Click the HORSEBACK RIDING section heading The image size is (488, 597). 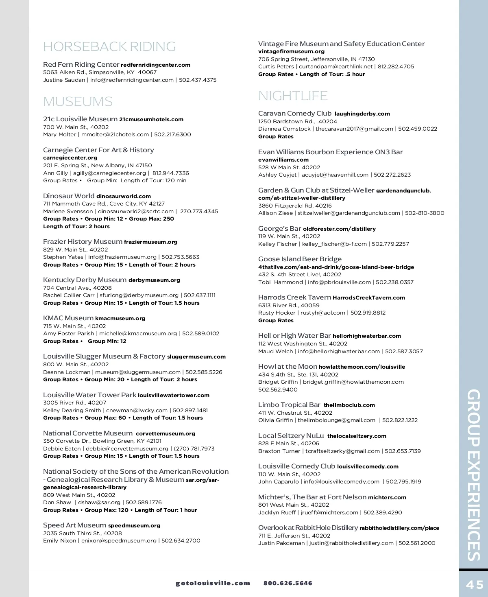[x=109, y=47]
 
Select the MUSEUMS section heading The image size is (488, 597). [x=78, y=101]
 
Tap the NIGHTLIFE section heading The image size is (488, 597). [x=293, y=96]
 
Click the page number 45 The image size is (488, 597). [x=475, y=584]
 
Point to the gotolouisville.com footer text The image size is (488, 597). [x=213, y=583]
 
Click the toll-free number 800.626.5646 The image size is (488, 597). [x=288, y=583]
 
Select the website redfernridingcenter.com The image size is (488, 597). [x=155, y=65]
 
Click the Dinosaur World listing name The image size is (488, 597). [x=69, y=196]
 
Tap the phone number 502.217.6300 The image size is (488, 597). [x=172, y=135]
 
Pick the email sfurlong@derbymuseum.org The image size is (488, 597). [x=139, y=295]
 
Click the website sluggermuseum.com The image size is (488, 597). [x=196, y=357]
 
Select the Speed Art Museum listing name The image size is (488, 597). [x=74, y=525]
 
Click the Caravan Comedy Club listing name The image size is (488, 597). [x=295, y=114]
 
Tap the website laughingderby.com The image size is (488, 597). [x=362, y=114]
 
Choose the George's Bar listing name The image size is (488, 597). [x=279, y=229]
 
